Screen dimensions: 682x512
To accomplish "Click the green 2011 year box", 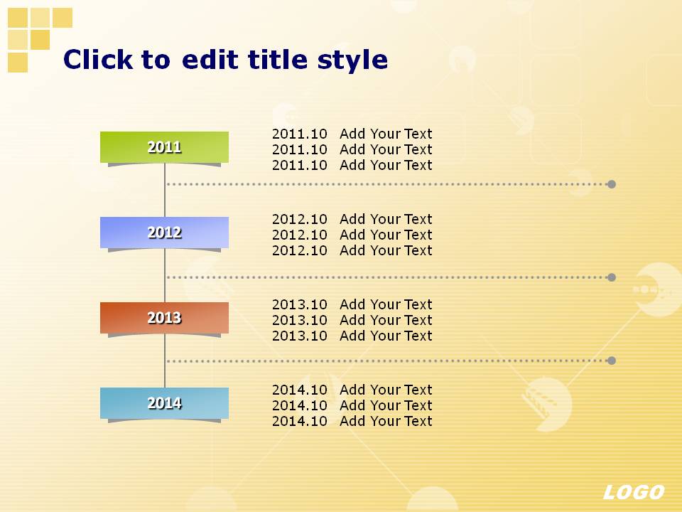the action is coord(164,147).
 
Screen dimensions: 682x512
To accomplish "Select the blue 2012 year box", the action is coord(164,233).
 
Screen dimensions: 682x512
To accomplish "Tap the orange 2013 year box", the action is coord(164,318).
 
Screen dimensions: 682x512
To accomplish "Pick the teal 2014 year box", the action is coord(164,403).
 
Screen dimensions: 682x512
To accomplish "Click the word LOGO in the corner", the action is coord(634,492).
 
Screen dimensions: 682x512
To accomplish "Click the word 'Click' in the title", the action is coord(98,59).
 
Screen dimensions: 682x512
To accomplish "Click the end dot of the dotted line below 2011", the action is coord(612,184).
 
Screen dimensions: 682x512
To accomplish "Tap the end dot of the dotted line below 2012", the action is coord(612,277).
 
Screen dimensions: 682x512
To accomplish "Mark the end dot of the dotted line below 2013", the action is coord(612,361).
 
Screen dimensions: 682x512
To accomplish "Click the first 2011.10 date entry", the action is coord(300,134).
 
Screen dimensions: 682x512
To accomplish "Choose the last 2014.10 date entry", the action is coord(300,421).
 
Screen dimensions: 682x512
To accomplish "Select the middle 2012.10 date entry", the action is coord(300,235).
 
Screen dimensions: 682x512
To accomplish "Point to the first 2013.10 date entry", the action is coord(300,304).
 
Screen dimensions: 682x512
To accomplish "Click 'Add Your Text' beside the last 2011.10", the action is coord(386,165).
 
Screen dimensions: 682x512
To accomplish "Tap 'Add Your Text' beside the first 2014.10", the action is coord(386,390).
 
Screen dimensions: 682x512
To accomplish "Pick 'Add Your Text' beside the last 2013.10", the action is coord(386,336).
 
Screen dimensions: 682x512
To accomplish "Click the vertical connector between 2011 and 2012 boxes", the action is coord(165,191).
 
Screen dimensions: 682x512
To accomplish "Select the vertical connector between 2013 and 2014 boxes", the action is coord(165,361).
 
